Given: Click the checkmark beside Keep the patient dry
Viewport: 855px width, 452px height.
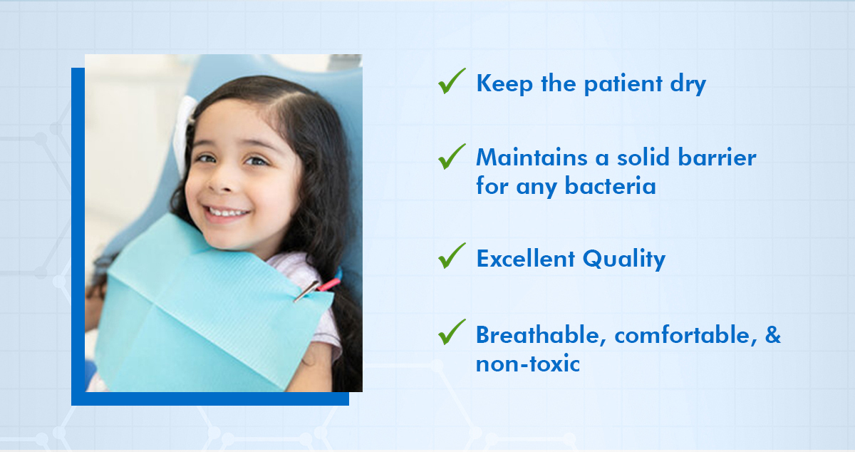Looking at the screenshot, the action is coord(452,81).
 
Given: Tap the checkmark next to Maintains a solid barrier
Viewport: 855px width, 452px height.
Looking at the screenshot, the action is coord(452,156).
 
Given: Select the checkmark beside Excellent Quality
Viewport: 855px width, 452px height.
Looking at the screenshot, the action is coord(452,256).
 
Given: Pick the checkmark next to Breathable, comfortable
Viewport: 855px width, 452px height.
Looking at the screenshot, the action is coord(452,332).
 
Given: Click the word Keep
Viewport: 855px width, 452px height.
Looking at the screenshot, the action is coord(504,84).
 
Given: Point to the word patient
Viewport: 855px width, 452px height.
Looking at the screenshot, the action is coord(623,84).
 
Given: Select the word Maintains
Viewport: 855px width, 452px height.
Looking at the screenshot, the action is coord(532,157).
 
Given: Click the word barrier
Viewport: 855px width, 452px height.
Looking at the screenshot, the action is coord(717,157).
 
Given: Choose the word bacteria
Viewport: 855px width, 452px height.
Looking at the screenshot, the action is coord(611,186).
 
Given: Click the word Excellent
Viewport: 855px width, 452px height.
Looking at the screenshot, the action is coord(526,259).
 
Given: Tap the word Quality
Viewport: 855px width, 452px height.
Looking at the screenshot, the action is coord(624,260).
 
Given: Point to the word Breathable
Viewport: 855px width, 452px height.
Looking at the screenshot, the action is coord(541,334).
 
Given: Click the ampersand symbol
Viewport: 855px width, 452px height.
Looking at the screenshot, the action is coord(773,334).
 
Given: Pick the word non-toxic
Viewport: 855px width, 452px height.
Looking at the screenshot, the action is coord(528,364).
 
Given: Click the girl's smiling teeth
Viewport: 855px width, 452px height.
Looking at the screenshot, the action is coord(227,212).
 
